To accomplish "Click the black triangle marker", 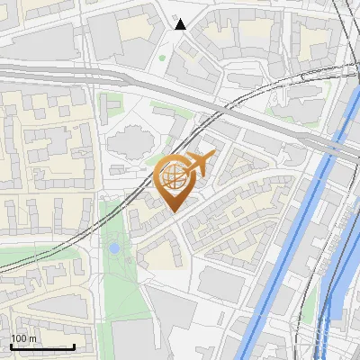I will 181,24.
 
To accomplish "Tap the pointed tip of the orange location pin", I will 175,211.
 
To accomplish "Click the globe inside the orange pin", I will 173,178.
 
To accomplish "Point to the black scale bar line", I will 42,347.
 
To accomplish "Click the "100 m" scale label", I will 23,338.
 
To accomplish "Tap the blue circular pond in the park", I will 114,247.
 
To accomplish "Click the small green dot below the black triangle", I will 162,58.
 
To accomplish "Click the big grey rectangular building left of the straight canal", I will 220,283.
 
